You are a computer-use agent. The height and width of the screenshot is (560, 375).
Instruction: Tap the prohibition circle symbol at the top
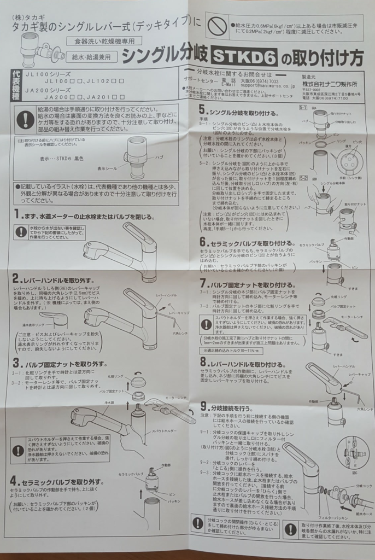(x=217, y=25)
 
